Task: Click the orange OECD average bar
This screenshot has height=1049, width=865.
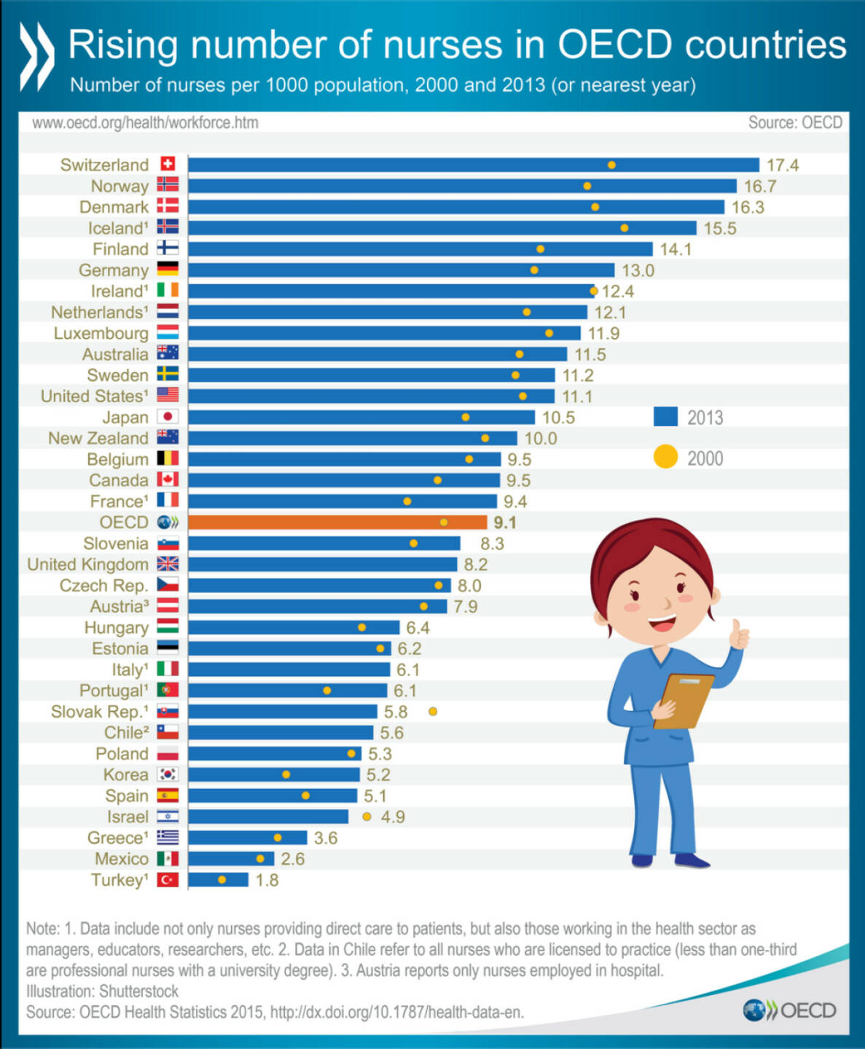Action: click(337, 522)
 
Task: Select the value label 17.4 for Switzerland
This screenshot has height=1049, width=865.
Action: click(782, 165)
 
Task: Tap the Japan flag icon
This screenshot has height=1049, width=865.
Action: click(168, 417)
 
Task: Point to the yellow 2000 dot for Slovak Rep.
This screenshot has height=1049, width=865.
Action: click(433, 711)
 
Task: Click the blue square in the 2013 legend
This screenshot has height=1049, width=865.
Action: click(665, 417)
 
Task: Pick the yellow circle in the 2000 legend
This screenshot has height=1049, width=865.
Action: click(665, 457)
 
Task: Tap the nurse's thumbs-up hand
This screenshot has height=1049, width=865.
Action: click(738, 635)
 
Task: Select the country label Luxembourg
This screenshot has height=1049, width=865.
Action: click(101, 334)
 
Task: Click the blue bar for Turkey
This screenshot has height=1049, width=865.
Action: click(218, 880)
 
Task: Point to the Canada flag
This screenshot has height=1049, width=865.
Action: click(168, 479)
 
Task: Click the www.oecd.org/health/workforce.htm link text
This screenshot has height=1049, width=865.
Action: click(145, 122)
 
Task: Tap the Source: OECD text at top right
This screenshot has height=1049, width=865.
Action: click(795, 122)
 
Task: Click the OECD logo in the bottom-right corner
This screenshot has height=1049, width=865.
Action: click(789, 1010)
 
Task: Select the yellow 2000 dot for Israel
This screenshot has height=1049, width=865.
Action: click(367, 817)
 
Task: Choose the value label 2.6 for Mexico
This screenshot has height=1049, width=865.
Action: click(292, 859)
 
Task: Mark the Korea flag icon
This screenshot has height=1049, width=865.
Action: click(168, 774)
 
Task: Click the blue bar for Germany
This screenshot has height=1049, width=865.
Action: click(401, 270)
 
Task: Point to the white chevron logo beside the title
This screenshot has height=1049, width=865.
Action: click(36, 57)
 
